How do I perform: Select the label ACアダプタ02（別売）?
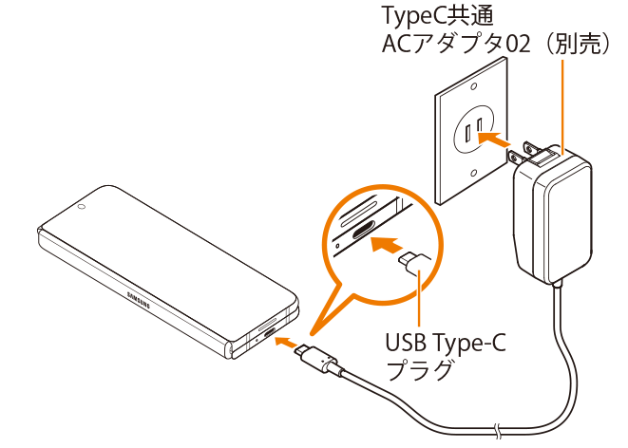(491, 45)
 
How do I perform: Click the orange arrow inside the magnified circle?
(384, 246)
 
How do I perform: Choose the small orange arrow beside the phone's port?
(286, 342)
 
